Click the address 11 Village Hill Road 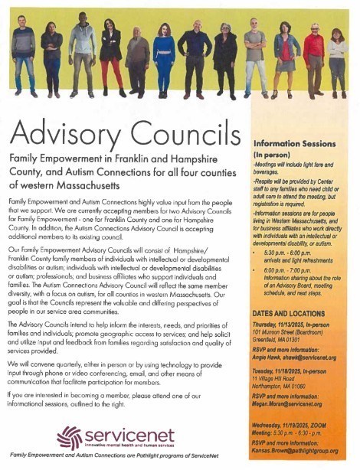coord(277,378)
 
